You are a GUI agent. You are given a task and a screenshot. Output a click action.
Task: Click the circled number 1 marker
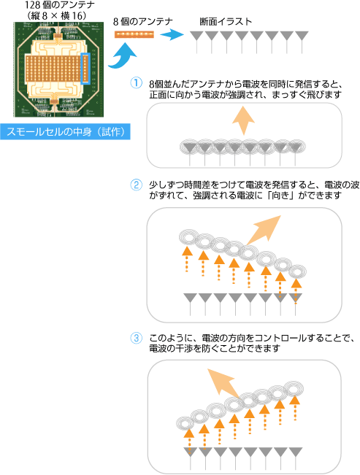[x=136, y=83]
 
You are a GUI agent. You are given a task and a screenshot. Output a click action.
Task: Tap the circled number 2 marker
[x=136, y=185]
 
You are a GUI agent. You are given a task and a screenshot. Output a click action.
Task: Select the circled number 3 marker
[x=136, y=338]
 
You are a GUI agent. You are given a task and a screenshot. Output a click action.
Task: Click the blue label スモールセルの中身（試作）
[x=65, y=131]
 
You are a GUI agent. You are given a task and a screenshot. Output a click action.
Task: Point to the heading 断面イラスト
[x=226, y=22]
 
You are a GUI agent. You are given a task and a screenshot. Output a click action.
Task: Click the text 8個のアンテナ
[x=143, y=21]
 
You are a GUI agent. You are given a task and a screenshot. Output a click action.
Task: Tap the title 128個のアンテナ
[x=60, y=5]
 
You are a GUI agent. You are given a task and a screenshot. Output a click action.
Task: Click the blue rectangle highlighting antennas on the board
[x=86, y=69]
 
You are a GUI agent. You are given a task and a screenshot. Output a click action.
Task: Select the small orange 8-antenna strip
[x=134, y=34]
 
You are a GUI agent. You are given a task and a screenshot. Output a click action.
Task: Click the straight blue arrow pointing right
[x=172, y=34]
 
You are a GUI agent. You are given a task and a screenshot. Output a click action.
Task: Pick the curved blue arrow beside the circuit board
[x=123, y=57]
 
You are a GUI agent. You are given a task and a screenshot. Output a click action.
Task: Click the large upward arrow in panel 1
[x=243, y=120]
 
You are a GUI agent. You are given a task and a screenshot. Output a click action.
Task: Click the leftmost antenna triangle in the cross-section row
[x=197, y=36]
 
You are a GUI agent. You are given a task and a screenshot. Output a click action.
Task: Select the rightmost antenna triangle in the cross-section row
[x=302, y=36]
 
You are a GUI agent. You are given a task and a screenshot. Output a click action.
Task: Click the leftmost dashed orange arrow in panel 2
[x=187, y=259]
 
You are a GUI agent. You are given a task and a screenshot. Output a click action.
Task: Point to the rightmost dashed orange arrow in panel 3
[x=295, y=408]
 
